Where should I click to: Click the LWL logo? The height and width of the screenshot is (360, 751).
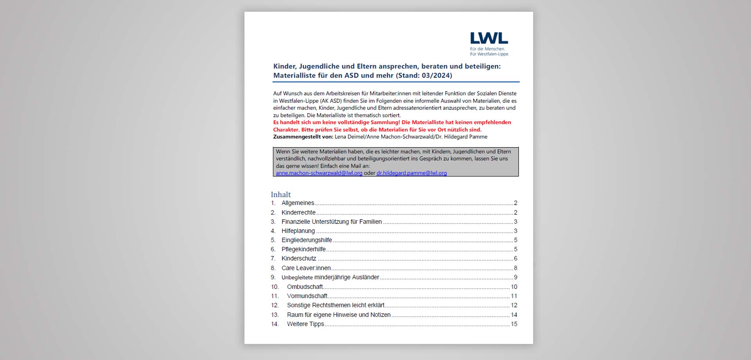pyautogui.click(x=489, y=38)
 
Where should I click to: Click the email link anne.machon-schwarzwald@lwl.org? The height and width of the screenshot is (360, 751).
pyautogui.click(x=319, y=173)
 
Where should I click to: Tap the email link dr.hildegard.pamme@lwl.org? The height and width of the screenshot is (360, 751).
pyautogui.click(x=411, y=173)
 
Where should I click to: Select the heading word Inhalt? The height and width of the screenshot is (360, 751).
pyautogui.click(x=281, y=194)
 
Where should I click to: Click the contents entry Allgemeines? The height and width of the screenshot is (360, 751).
pyautogui.click(x=298, y=203)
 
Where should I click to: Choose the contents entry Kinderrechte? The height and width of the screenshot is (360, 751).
pyautogui.click(x=298, y=212)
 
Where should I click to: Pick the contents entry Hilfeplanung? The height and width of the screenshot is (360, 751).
pyautogui.click(x=298, y=231)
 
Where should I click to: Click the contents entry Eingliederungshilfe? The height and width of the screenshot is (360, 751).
pyautogui.click(x=307, y=240)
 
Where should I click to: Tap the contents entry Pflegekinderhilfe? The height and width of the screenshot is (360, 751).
pyautogui.click(x=304, y=249)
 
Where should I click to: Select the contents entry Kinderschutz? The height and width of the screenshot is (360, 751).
pyautogui.click(x=299, y=259)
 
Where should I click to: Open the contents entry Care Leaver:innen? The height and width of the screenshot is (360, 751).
pyautogui.click(x=306, y=268)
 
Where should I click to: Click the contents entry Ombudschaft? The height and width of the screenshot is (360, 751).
pyautogui.click(x=305, y=287)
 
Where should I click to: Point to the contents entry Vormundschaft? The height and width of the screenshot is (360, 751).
pyautogui.click(x=307, y=296)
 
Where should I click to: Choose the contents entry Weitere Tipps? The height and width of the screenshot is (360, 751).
pyautogui.click(x=305, y=324)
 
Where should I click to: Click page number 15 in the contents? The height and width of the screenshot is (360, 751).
pyautogui.click(x=514, y=324)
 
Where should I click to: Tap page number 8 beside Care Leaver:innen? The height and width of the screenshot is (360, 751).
pyautogui.click(x=516, y=268)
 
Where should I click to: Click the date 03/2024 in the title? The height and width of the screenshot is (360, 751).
pyautogui.click(x=436, y=76)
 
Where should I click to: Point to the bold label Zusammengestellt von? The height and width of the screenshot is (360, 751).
pyautogui.click(x=303, y=137)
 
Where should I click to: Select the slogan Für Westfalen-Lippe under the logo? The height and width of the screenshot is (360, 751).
pyautogui.click(x=489, y=54)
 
